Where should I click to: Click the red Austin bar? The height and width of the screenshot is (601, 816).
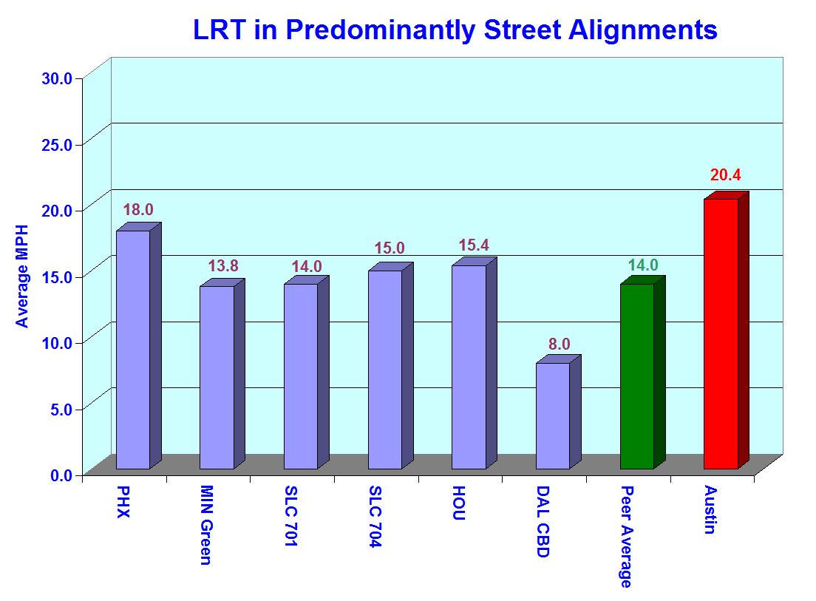click(x=721, y=333)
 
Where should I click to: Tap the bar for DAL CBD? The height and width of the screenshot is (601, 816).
click(x=552, y=415)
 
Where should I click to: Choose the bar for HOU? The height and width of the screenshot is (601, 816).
click(x=469, y=367)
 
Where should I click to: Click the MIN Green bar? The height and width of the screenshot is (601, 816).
click(x=217, y=377)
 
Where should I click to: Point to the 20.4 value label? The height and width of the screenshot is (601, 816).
click(x=725, y=175)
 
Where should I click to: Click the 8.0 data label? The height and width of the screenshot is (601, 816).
click(x=560, y=344)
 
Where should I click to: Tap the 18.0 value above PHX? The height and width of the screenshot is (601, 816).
click(x=138, y=210)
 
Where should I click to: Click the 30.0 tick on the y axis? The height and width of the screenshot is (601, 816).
click(x=57, y=78)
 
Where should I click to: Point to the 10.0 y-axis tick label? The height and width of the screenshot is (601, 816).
click(x=57, y=342)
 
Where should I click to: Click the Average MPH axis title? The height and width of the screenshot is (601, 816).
click(x=22, y=276)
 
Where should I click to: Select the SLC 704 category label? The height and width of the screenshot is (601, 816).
click(x=375, y=517)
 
